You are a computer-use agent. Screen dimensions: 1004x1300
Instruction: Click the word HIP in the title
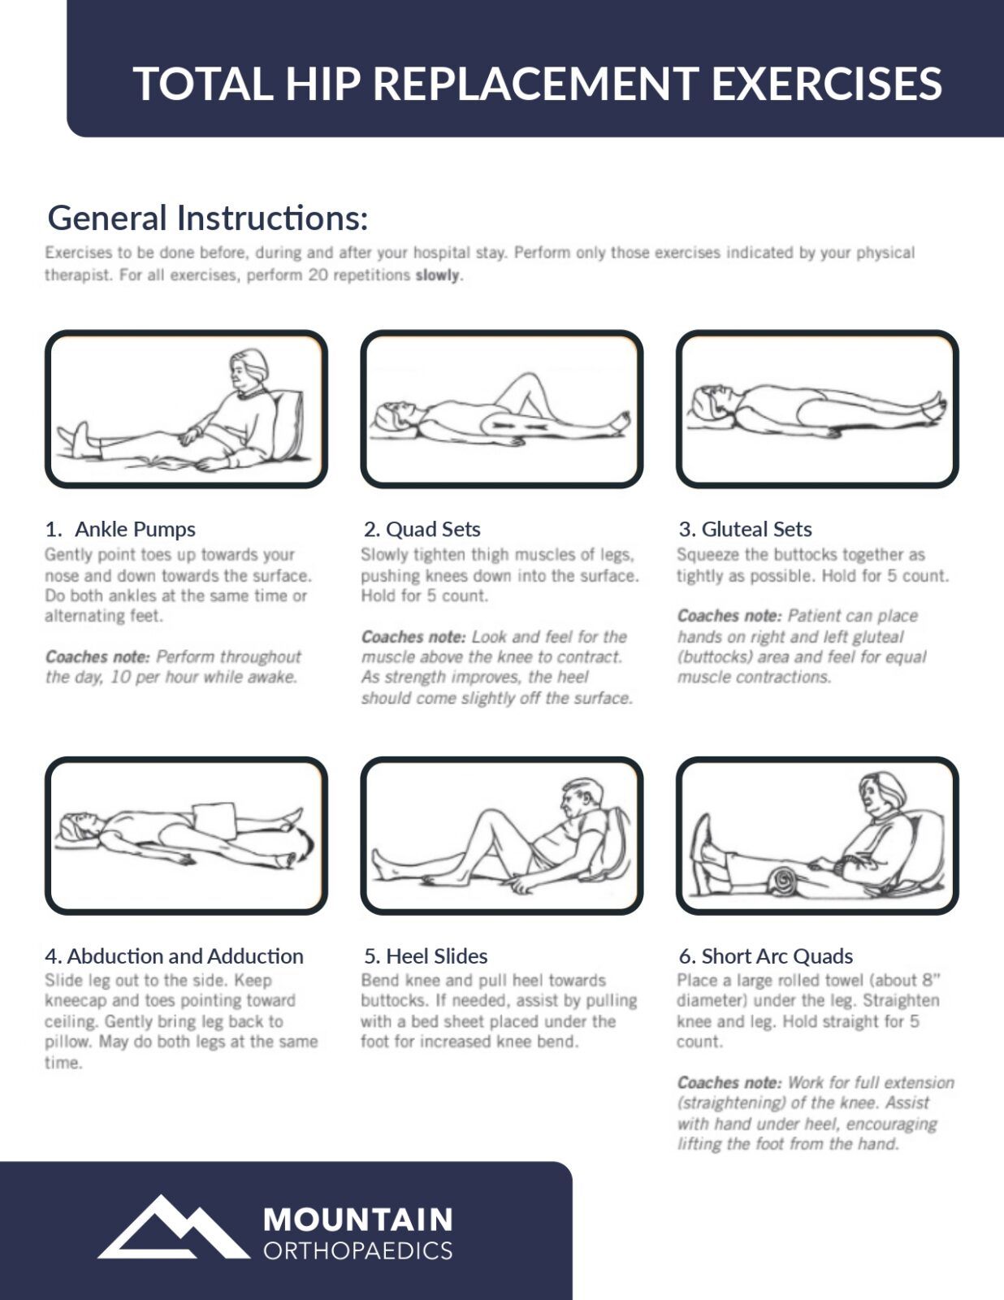pyautogui.click(x=322, y=83)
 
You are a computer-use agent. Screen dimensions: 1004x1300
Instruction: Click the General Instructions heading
pyautogui.click(x=207, y=218)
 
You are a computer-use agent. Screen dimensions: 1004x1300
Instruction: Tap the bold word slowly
pyautogui.click(x=438, y=275)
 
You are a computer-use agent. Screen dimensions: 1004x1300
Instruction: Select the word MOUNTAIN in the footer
pyautogui.click(x=357, y=1220)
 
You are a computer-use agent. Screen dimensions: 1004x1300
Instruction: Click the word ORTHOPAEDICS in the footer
pyautogui.click(x=357, y=1250)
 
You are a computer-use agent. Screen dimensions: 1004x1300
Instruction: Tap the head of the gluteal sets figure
pyautogui.click(x=712, y=401)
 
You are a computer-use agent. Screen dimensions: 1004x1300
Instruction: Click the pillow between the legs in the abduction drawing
pyautogui.click(x=215, y=820)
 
